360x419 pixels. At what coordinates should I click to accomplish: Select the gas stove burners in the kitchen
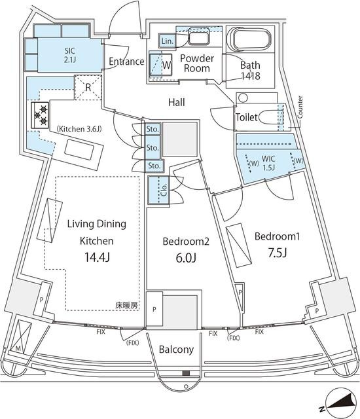(39, 116)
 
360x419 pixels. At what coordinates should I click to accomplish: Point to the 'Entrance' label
(126, 62)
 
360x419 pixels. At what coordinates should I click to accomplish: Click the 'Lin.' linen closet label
(166, 41)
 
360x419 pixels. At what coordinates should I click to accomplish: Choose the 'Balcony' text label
(176, 350)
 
